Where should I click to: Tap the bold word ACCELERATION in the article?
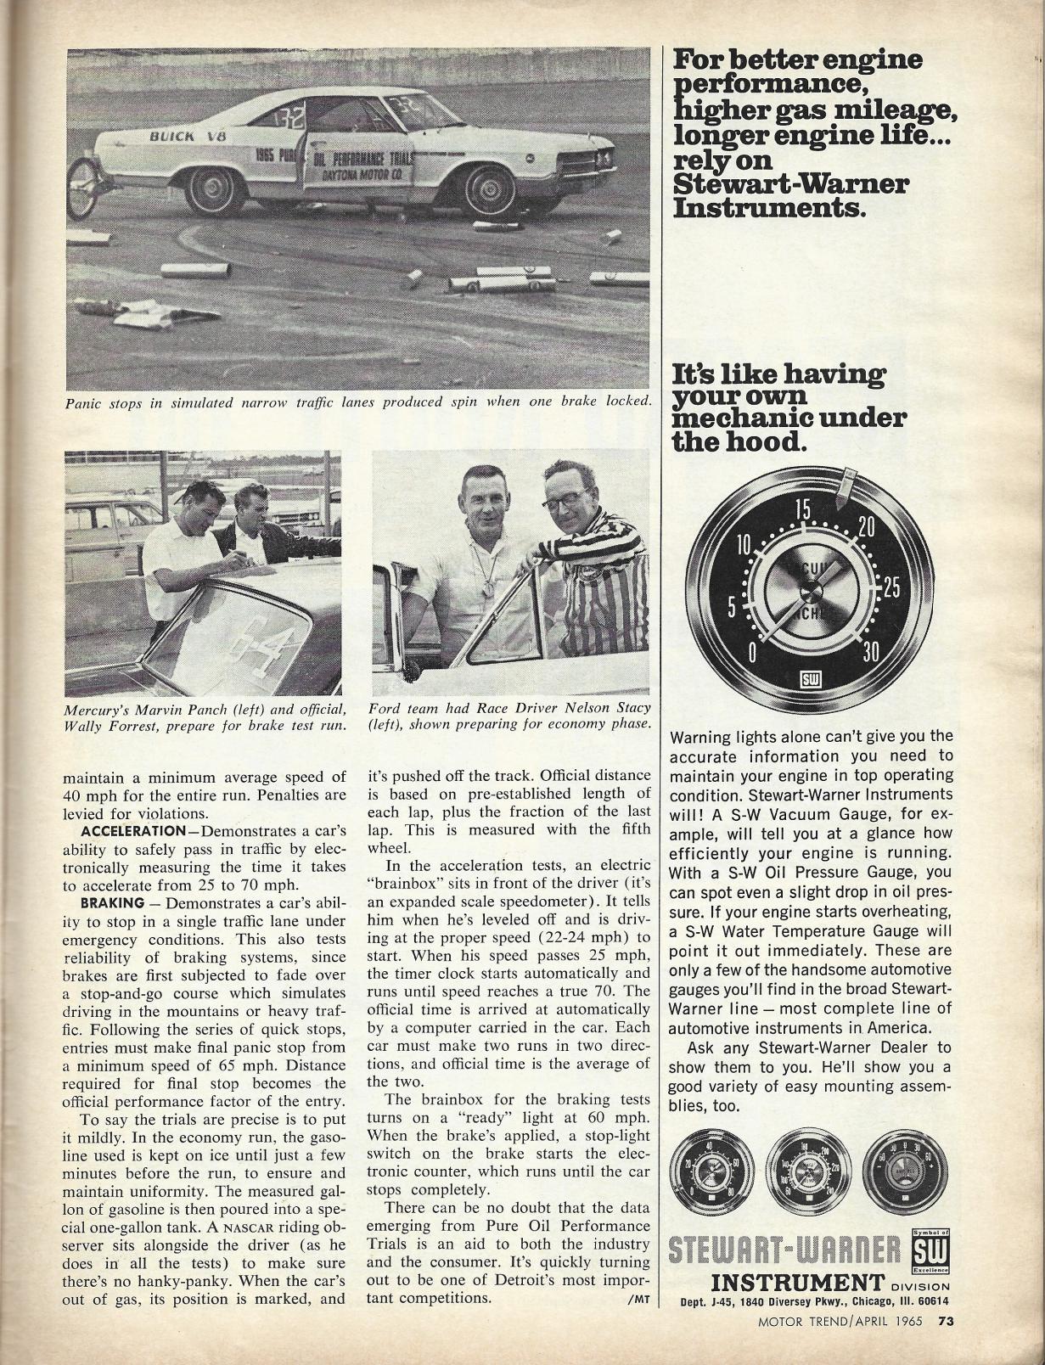click(132, 830)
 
